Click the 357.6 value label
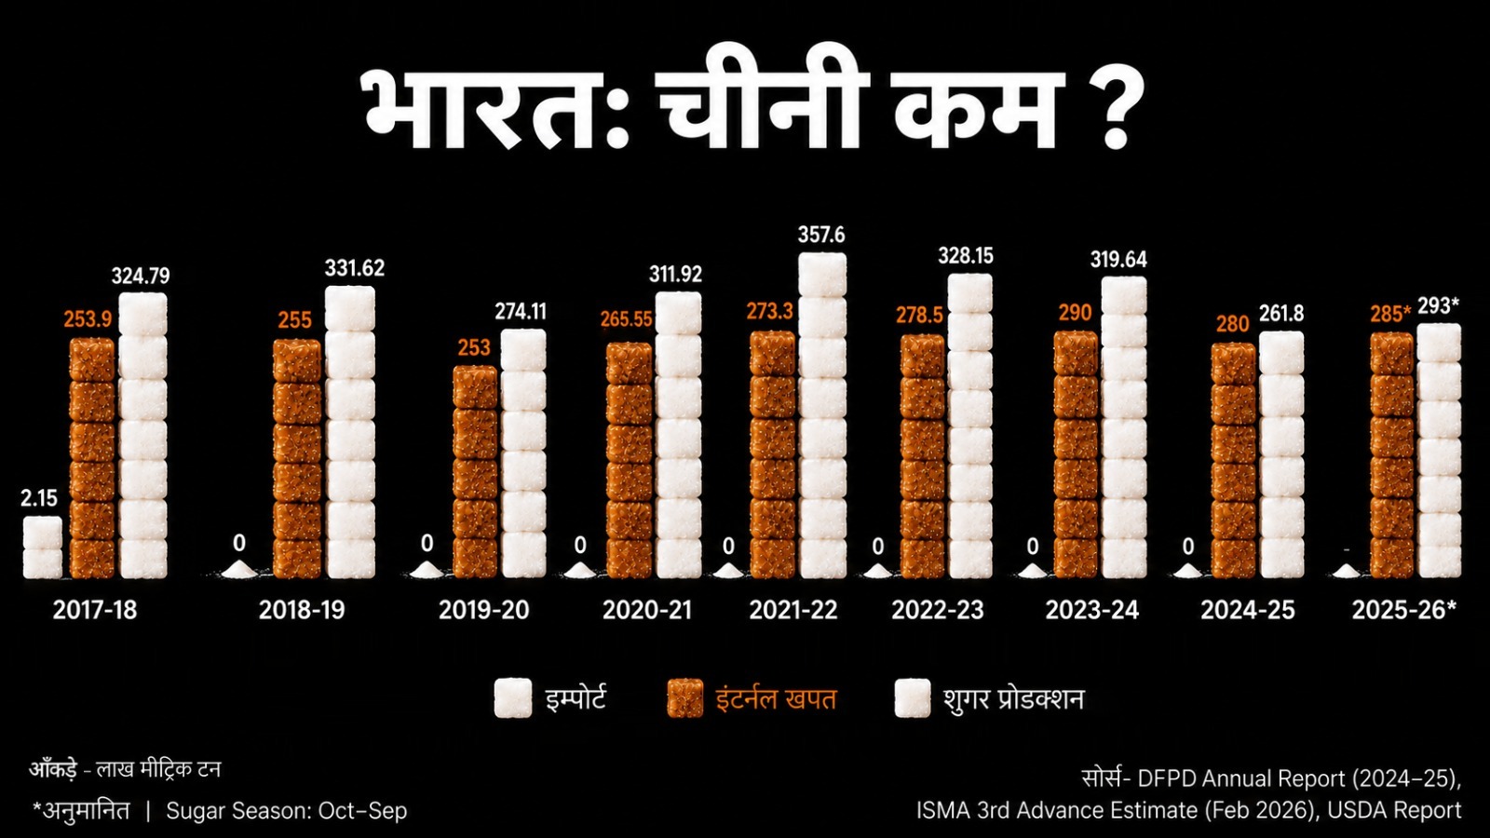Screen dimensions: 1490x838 (821, 235)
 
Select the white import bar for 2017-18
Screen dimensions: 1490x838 (43, 547)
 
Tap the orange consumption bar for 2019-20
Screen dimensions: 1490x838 (475, 471)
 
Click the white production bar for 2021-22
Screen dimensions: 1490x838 (823, 415)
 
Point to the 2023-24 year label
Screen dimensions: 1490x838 (1092, 610)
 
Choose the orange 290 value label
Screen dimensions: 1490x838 (1075, 313)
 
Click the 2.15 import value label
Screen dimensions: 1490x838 (38, 498)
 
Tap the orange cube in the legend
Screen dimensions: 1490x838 (685, 698)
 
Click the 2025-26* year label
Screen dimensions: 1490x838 (1404, 610)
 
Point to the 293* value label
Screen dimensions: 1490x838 (1438, 306)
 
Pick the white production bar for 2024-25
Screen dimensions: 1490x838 (1281, 455)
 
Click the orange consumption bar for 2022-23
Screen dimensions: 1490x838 (923, 456)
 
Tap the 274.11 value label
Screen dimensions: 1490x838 (521, 311)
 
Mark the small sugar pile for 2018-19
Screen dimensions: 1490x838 (239, 570)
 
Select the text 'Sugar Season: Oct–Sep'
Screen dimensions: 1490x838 (286, 811)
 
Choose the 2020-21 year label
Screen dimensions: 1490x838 (647, 610)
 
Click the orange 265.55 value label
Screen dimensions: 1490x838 (626, 319)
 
